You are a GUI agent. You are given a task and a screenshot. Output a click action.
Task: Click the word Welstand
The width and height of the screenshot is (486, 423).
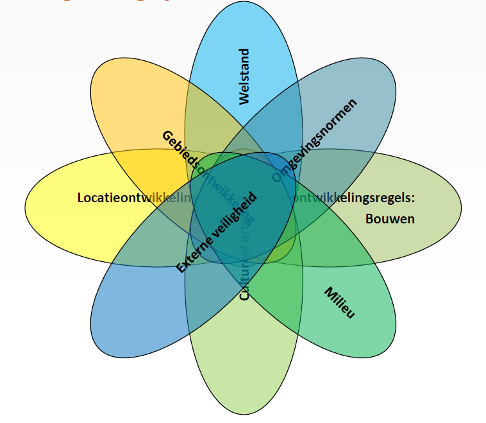(244, 76)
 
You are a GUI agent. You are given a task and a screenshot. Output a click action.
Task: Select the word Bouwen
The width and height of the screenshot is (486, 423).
(390, 219)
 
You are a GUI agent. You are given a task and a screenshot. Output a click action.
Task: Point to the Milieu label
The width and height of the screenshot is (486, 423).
(340, 303)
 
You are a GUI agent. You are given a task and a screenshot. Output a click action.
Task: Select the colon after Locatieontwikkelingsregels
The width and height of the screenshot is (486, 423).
(414, 198)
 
